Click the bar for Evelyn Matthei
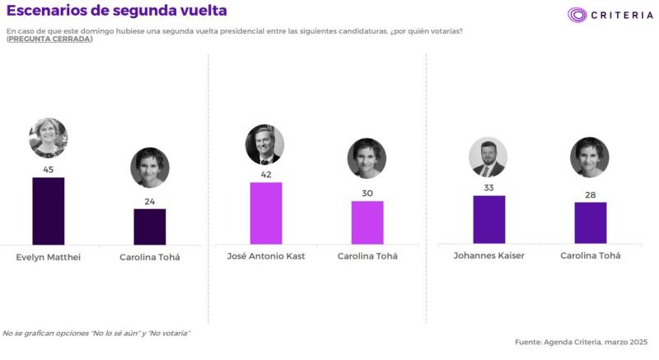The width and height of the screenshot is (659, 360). (x=48, y=211)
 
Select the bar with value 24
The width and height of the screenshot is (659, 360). (x=150, y=227)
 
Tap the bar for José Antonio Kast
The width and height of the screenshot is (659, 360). (x=265, y=213)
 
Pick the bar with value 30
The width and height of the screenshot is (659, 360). (x=367, y=222)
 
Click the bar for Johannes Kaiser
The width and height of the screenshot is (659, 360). (x=488, y=219)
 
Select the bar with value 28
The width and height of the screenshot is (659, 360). (x=590, y=222)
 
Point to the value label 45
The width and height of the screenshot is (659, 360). (x=48, y=170)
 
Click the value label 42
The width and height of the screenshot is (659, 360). (x=265, y=175)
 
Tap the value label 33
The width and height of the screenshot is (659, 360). (x=488, y=188)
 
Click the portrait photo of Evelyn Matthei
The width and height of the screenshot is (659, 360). (x=48, y=138)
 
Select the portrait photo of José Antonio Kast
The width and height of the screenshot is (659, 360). (x=264, y=144)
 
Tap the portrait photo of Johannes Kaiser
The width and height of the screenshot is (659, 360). (x=488, y=157)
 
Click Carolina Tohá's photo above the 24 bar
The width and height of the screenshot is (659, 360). (x=149, y=167)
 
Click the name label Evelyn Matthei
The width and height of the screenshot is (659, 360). (x=48, y=256)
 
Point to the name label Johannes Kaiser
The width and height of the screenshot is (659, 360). (x=488, y=255)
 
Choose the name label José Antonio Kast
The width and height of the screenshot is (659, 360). (x=265, y=256)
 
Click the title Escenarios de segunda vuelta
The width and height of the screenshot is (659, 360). (x=117, y=11)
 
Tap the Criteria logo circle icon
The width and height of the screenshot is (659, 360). (x=577, y=15)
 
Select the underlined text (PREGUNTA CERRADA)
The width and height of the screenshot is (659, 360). (x=49, y=40)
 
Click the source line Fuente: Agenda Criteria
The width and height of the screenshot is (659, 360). (x=581, y=341)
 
